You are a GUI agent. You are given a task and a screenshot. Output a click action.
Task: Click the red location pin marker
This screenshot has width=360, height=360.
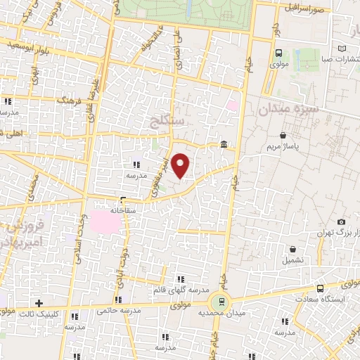pyautogui.click(x=181, y=165)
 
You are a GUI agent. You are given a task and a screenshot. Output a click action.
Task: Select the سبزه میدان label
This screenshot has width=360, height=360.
pyautogui.click(x=288, y=109)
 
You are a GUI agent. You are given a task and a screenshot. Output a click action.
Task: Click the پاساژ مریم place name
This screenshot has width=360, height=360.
pyautogui.click(x=283, y=147)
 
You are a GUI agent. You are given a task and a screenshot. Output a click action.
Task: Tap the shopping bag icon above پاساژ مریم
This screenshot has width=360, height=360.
pyautogui.click(x=283, y=135)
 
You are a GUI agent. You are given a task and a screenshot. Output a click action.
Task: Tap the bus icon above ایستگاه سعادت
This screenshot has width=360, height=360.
pyautogui.click(x=321, y=288)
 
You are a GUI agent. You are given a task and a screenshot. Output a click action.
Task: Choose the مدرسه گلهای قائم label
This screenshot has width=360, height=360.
pyautogui.click(x=181, y=290)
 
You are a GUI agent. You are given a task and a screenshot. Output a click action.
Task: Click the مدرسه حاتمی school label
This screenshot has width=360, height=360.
pyautogui.click(x=115, y=309)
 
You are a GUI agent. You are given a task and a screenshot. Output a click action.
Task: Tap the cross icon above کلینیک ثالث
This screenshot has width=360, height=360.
pyautogui.click(x=40, y=302)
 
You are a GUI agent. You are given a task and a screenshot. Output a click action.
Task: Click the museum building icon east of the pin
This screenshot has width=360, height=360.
pyautogui.click(x=224, y=145)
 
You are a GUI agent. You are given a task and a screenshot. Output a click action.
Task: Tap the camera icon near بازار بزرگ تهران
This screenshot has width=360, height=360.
pyautogui.click(x=341, y=221)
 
